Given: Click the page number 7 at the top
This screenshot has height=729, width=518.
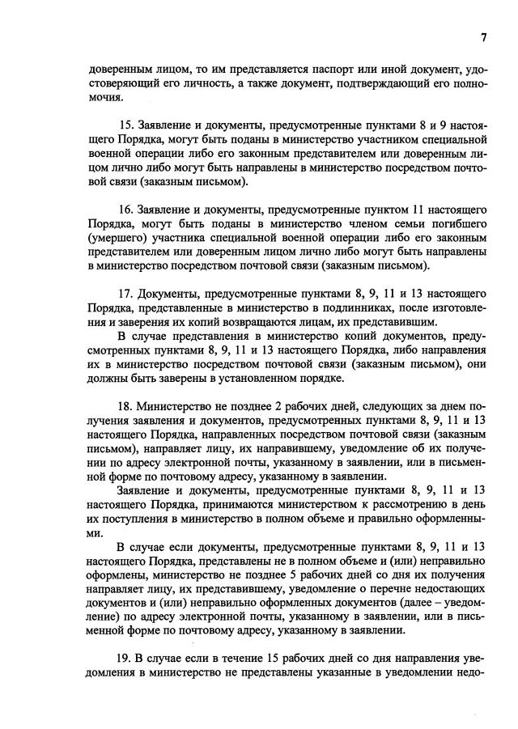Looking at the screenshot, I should [483, 37].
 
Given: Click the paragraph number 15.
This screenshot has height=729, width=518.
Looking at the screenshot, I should [125, 125].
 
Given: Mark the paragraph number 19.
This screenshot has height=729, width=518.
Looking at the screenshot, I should [125, 658].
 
